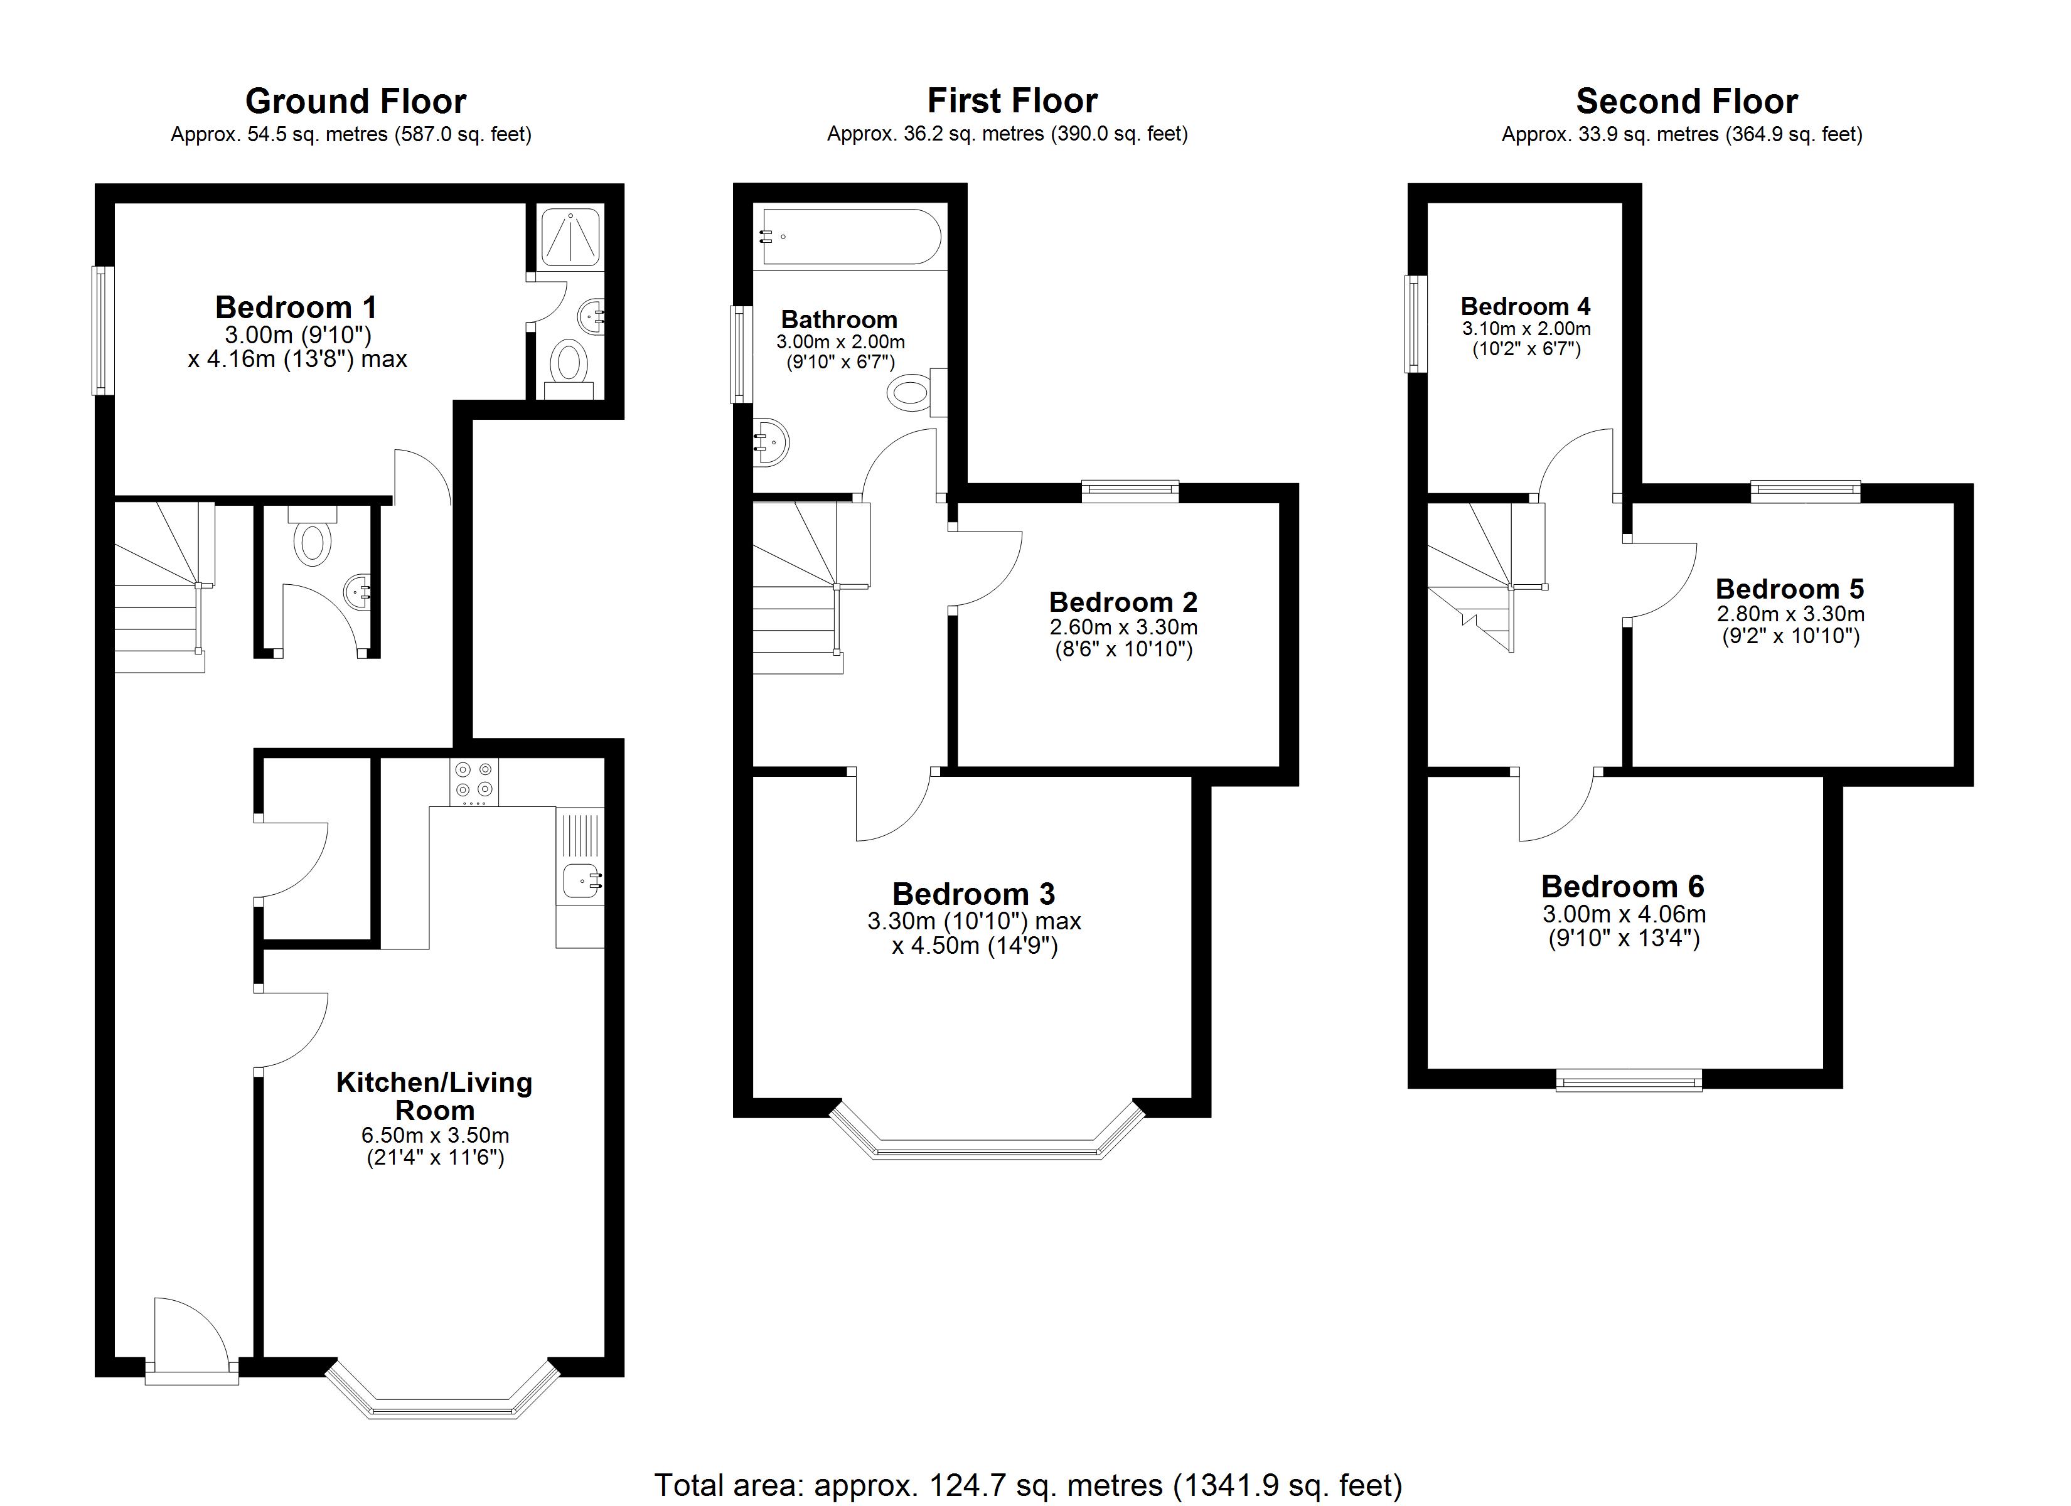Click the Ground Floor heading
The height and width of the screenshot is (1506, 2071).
355,100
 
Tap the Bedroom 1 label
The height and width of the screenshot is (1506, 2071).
295,307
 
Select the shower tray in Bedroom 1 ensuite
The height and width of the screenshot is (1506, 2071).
570,237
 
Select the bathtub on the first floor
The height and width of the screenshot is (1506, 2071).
851,237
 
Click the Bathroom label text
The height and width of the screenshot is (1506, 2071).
839,319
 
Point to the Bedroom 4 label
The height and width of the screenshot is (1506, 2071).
1525,306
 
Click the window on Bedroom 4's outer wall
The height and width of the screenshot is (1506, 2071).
1415,324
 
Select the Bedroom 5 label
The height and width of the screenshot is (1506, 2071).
1790,588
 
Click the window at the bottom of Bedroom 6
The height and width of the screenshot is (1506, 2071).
1629,1081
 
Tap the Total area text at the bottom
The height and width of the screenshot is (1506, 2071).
1028,1486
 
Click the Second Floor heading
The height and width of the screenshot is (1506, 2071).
1686,100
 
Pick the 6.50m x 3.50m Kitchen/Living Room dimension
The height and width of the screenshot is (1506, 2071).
436,1135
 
